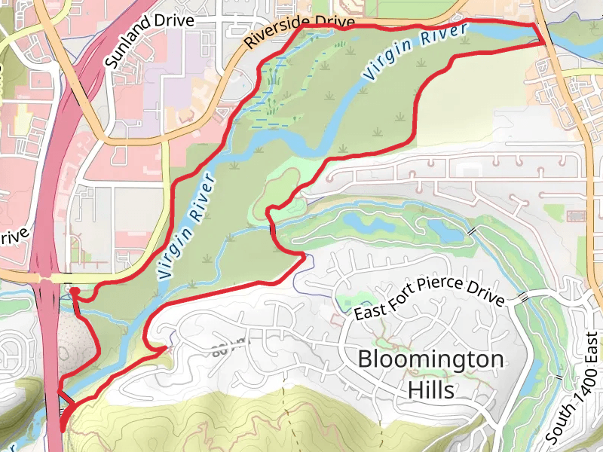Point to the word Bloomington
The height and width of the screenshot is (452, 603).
pos(430,359)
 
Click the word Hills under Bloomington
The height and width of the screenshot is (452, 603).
pos(431,389)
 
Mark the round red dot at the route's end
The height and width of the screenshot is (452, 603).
pos(75,290)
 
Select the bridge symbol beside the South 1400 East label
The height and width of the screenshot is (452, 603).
pos(559,376)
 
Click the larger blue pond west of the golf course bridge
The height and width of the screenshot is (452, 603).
pos(361,221)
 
